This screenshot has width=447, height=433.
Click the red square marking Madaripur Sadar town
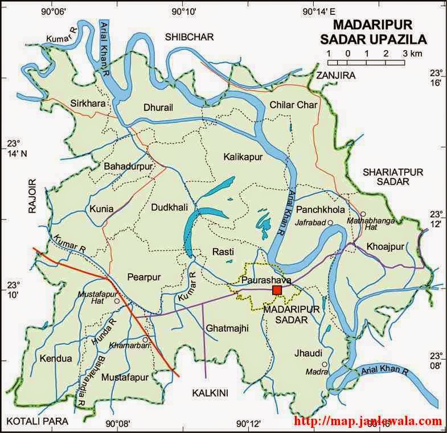coord(277,290)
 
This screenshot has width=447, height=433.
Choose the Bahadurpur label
coord(129,166)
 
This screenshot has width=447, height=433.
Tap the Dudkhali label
coord(169,208)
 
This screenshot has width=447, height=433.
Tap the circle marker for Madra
coord(324,364)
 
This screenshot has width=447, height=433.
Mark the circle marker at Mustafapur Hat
coord(116,301)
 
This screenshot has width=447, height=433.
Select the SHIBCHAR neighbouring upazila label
coord(189,37)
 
